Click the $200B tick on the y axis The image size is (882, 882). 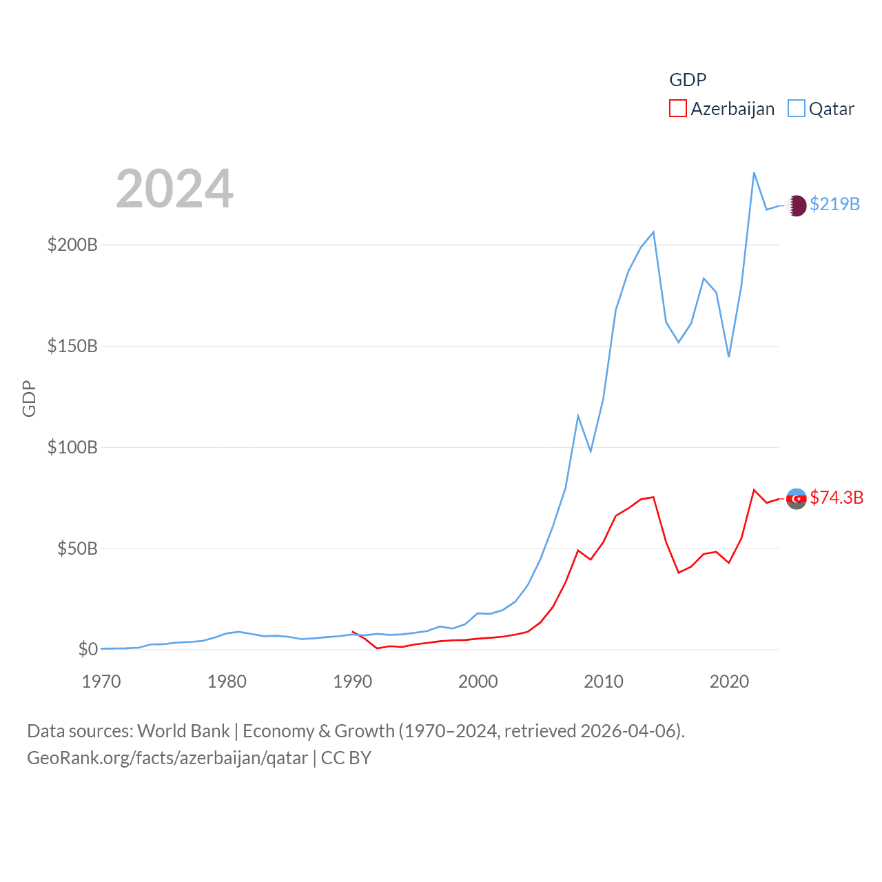click(72, 245)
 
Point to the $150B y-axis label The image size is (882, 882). click(72, 346)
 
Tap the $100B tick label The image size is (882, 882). click(72, 447)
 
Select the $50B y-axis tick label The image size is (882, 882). click(77, 548)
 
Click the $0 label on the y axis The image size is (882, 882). click(88, 649)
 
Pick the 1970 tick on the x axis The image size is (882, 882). click(101, 681)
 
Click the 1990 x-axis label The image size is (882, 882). click(352, 681)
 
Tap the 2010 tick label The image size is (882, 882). click(604, 681)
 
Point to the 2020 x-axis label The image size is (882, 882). click(729, 681)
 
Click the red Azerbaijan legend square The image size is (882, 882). click(678, 108)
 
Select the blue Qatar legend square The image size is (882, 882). click(797, 108)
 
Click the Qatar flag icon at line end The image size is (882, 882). click(796, 205)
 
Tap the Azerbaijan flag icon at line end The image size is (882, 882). click(796, 498)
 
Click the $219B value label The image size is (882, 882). click(834, 204)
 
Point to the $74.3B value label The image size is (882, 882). click(837, 498)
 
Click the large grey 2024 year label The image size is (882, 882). click(174, 189)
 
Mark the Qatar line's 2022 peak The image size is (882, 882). click(754, 173)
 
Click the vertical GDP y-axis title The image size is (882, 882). click(29, 399)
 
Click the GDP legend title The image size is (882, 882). click(688, 80)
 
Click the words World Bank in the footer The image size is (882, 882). click(183, 730)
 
